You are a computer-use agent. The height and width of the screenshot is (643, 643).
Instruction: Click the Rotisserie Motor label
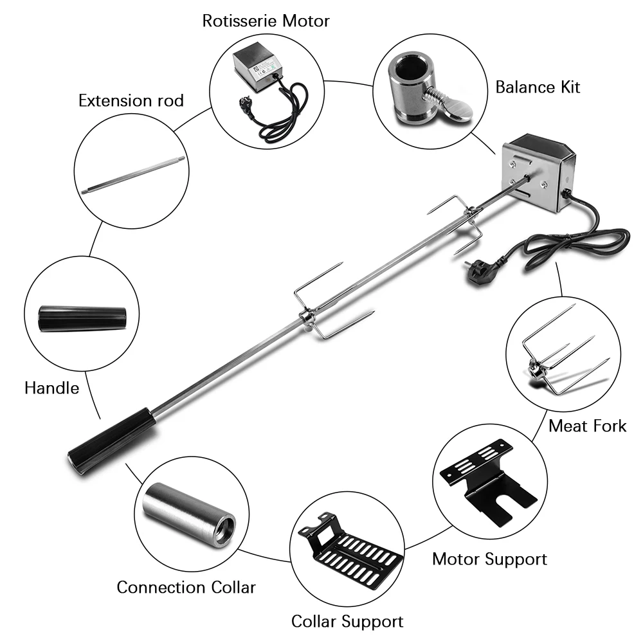pos(266,21)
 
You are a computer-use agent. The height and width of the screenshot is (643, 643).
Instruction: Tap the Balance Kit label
pos(538,87)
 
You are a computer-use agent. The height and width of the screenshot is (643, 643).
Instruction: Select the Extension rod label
pos(131,100)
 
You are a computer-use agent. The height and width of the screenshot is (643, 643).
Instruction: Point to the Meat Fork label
pos(587,425)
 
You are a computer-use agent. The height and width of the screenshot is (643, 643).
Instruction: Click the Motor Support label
pos(489,559)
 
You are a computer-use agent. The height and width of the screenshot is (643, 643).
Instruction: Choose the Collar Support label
pos(347,621)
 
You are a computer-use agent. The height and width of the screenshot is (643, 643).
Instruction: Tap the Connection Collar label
pos(186,587)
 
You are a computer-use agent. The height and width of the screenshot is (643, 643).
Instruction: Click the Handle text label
pos(51,388)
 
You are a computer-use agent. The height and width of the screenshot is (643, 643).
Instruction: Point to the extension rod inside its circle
pos(133,174)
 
